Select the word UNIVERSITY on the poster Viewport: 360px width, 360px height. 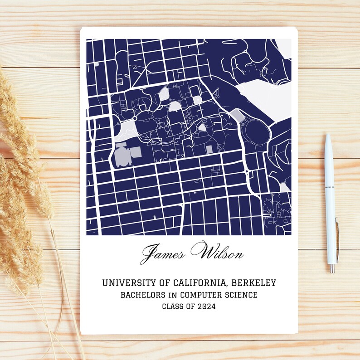click(126, 283)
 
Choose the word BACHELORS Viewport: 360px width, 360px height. click(139, 295)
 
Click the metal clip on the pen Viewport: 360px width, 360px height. click(336, 236)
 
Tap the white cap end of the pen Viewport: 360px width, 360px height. click(328, 138)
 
